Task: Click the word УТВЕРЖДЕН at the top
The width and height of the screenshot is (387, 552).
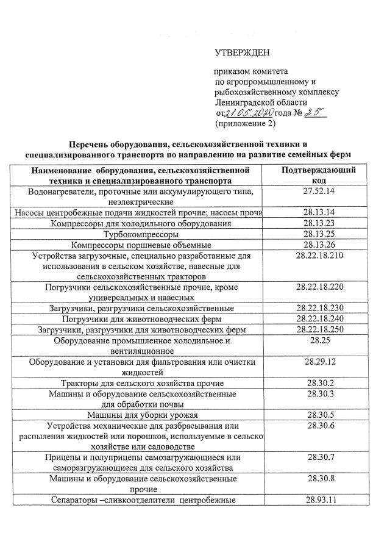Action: pos(241,53)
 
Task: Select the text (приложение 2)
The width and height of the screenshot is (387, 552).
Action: pos(246,123)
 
